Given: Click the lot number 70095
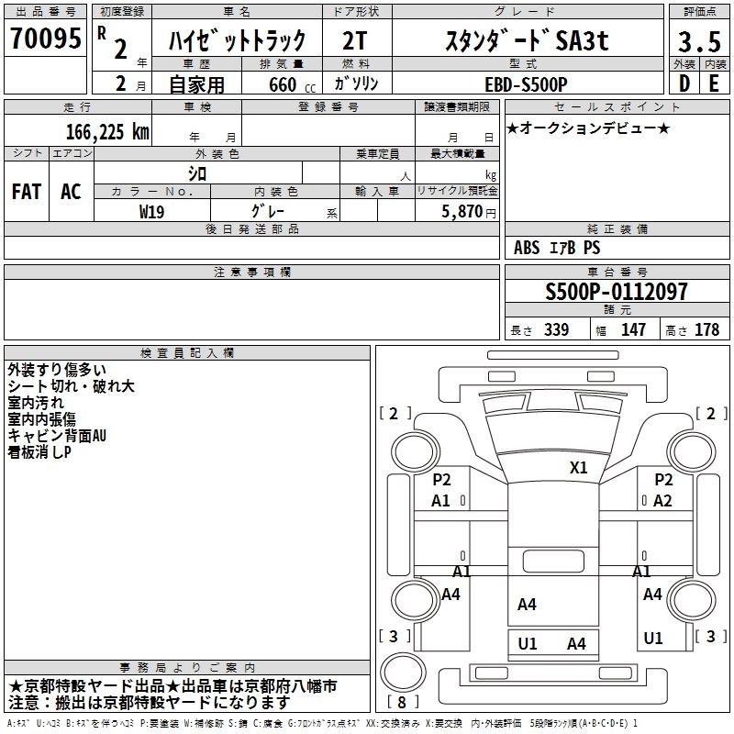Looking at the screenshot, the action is [x=46, y=39].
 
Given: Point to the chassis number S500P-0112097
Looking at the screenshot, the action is [x=616, y=292].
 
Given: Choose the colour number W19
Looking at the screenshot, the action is [x=152, y=210].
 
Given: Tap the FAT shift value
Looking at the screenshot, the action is [x=27, y=192].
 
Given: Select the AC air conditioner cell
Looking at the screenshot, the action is [x=71, y=192].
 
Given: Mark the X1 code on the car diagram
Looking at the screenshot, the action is [x=578, y=467].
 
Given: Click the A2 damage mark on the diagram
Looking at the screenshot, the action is [x=662, y=500].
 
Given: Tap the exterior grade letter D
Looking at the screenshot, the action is [x=684, y=83].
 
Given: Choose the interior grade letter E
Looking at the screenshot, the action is [x=713, y=83].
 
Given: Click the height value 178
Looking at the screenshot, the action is [x=707, y=330].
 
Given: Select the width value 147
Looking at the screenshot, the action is [x=633, y=330].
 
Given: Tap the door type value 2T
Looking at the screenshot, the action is [x=357, y=41].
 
